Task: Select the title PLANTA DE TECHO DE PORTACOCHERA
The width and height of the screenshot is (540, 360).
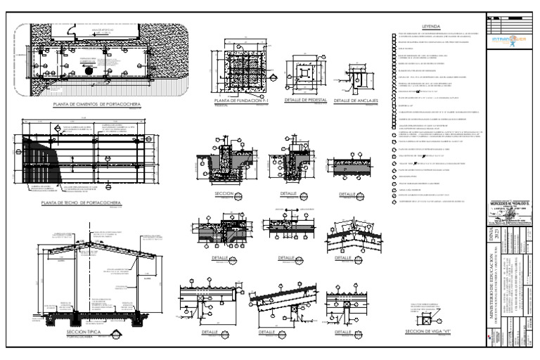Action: [x=82, y=203]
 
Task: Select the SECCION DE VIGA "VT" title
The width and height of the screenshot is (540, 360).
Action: [x=429, y=332]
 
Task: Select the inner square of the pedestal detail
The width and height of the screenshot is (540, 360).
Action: [x=304, y=72]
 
